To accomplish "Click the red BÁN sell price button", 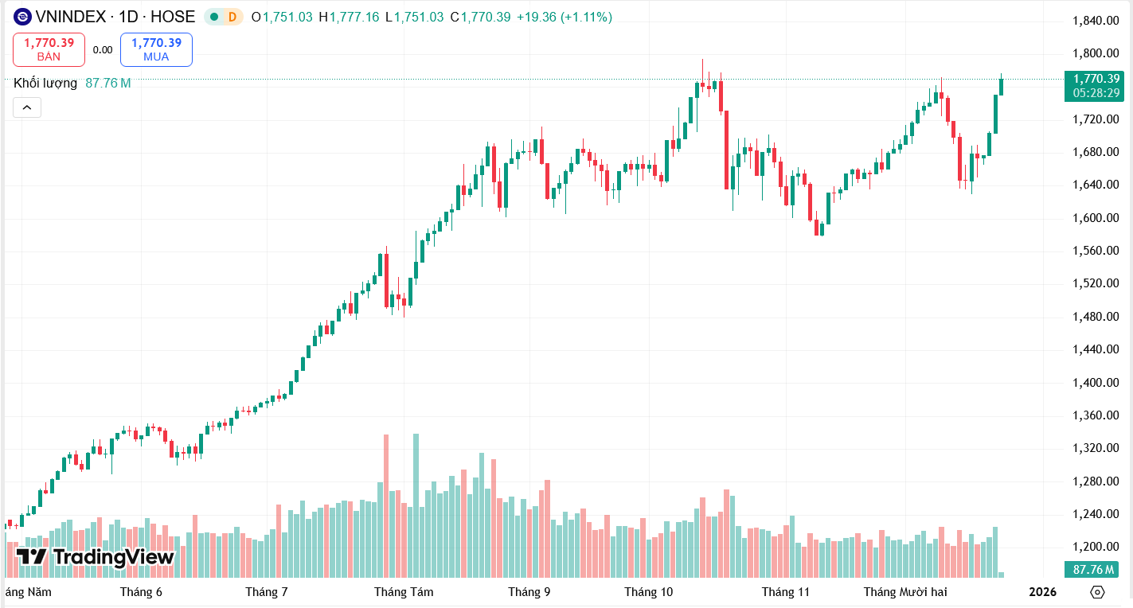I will (x=49, y=49).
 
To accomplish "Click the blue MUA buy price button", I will (x=156, y=49).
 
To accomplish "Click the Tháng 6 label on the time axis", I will (x=141, y=592).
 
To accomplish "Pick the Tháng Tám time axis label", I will (x=404, y=592).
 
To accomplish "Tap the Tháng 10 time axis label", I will (x=648, y=592).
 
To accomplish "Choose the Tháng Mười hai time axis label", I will (x=905, y=592).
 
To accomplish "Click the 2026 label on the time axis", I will (x=1042, y=592).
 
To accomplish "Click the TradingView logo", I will (x=95, y=557).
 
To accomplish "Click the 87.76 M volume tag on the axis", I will (x=1093, y=569).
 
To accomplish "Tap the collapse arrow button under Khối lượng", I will (x=26, y=107).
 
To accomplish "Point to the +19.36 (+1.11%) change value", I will (x=564, y=17).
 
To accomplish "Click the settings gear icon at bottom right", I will (x=1098, y=592).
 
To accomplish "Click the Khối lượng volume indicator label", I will (x=45, y=83).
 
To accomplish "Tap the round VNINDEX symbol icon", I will (x=22, y=17).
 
